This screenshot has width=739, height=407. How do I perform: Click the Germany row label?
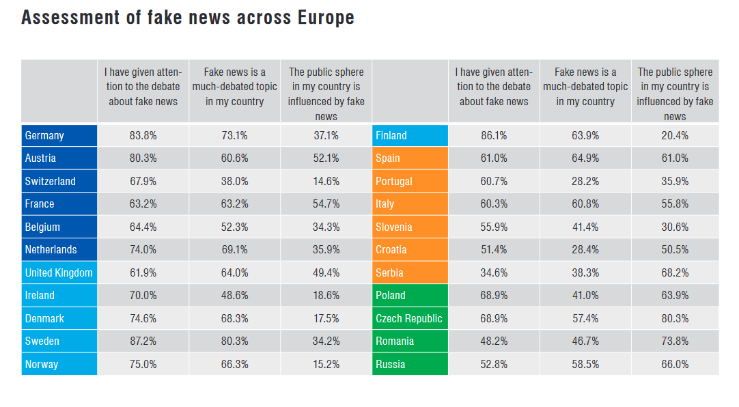[x=44, y=135]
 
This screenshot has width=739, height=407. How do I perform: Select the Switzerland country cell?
[x=50, y=181]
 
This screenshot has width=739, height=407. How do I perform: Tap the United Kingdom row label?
[x=58, y=272]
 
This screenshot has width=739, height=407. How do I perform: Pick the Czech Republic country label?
[x=409, y=318]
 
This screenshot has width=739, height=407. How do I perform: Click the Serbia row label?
[x=389, y=272]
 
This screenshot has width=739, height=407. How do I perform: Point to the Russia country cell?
[x=391, y=364]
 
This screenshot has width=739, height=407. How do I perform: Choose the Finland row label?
[x=391, y=135]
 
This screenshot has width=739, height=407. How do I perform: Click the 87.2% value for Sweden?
[x=143, y=341]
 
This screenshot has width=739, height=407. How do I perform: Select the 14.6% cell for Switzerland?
[x=326, y=181]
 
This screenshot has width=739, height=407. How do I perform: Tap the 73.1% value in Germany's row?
[x=234, y=135]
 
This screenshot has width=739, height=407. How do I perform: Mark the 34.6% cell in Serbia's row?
[x=494, y=272]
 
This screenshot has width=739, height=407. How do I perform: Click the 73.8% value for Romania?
[x=675, y=341]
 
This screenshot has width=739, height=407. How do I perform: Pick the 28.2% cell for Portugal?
[x=585, y=181]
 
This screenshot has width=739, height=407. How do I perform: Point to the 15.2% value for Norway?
[x=326, y=364]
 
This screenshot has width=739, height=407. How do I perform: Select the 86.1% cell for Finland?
[x=494, y=135]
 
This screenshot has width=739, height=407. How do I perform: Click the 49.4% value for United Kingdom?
[x=326, y=272]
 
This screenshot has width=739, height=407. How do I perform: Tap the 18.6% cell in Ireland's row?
[x=326, y=295]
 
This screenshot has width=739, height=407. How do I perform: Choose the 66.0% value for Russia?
[x=675, y=364]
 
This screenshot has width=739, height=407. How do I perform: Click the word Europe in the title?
[x=325, y=18]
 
